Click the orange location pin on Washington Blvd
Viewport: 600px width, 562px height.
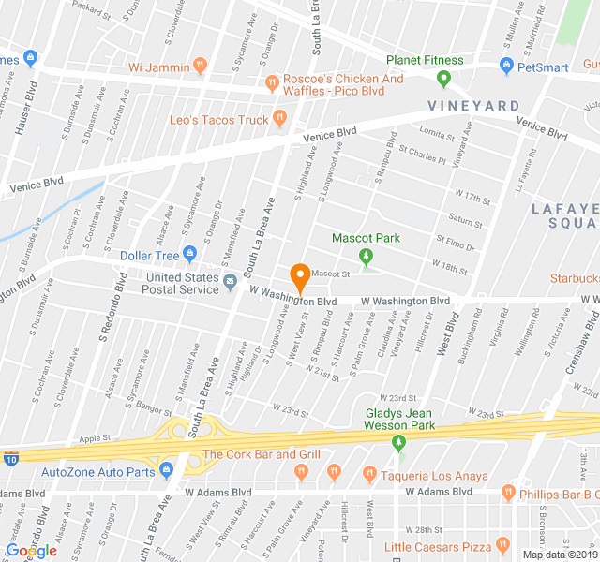(x=300, y=278)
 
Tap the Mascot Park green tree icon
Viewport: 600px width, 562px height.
(x=367, y=255)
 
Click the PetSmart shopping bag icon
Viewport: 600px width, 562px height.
(x=507, y=67)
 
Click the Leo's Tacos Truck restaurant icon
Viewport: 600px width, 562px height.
(x=279, y=118)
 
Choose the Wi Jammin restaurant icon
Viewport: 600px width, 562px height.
(x=200, y=67)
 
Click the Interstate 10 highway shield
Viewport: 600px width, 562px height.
(x=9, y=459)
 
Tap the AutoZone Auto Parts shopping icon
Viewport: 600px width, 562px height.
(x=166, y=470)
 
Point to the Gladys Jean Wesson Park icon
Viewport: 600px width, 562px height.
(x=399, y=441)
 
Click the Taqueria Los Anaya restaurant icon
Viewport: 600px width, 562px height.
(x=370, y=474)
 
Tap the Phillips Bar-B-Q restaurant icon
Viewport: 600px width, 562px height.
(x=507, y=491)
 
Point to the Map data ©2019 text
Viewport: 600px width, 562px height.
(x=559, y=554)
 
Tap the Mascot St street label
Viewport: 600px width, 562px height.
(x=330, y=274)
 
